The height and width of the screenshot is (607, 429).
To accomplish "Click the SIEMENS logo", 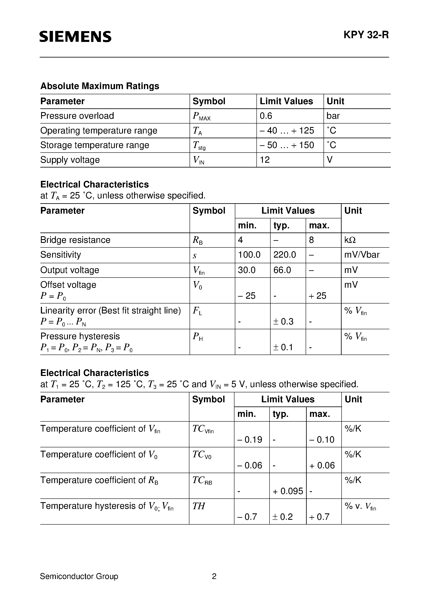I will (75, 37).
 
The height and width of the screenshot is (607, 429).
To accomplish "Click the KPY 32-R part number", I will (366, 35).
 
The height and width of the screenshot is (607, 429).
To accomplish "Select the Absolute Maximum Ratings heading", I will (100, 86).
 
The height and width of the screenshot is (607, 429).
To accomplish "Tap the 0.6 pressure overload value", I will (266, 116).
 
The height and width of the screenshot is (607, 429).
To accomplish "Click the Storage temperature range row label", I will (95, 145).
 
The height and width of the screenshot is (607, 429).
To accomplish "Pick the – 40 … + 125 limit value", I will (287, 131).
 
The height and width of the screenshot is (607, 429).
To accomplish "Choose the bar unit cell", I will (333, 116).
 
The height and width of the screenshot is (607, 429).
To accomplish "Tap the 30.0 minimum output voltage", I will (246, 270).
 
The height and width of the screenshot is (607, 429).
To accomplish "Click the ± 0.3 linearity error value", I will (283, 322).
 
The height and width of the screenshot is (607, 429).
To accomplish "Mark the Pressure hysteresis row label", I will (80, 336).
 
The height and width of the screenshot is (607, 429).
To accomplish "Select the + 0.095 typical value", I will (288, 491).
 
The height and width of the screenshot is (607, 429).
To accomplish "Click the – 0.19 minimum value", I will (249, 439).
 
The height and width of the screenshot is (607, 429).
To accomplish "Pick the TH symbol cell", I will (199, 506).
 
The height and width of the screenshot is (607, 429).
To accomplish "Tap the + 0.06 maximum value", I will (322, 465).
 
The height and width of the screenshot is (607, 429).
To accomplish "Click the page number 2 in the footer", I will (214, 576).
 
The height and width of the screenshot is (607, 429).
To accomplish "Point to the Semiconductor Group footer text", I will (79, 576).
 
